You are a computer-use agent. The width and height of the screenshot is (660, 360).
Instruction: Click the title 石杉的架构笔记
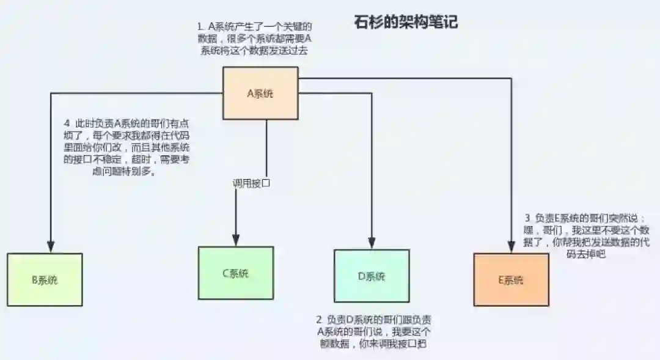click(x=406, y=23)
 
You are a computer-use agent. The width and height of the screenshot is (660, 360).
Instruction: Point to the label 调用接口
click(x=251, y=182)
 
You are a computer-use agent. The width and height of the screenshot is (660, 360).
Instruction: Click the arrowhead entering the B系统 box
click(x=51, y=246)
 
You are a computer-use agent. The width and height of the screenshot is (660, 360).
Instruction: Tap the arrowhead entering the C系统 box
click(x=235, y=240)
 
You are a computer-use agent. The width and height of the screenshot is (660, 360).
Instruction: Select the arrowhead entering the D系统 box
click(x=372, y=243)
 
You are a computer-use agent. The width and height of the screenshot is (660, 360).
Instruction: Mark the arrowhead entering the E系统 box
click(x=511, y=246)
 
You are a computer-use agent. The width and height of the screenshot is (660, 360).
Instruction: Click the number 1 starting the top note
click(x=200, y=27)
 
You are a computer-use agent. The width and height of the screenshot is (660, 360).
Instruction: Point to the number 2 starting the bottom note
click(x=319, y=320)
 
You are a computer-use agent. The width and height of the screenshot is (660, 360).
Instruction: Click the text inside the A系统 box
click(x=260, y=94)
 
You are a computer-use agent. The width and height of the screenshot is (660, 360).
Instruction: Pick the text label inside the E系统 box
click(x=511, y=281)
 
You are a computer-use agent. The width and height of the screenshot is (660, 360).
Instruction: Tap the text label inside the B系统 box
click(x=45, y=281)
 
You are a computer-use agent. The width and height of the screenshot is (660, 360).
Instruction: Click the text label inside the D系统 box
click(x=372, y=276)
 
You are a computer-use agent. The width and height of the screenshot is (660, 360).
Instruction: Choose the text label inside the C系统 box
click(x=235, y=273)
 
